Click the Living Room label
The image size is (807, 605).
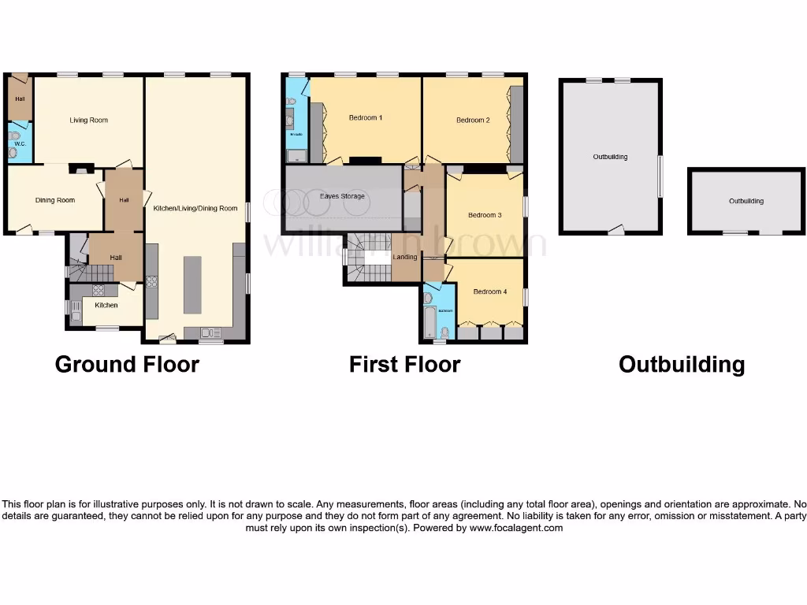click(x=88, y=121)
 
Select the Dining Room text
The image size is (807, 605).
click(x=55, y=200)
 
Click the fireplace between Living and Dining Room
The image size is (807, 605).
click(x=80, y=167)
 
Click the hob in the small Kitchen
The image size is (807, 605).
click(x=99, y=290)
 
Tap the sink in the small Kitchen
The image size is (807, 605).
click(x=76, y=316)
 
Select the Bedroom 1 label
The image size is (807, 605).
click(x=366, y=118)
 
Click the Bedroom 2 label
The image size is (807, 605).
click(x=473, y=121)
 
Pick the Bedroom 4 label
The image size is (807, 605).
click(x=489, y=291)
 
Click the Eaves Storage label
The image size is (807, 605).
click(x=342, y=196)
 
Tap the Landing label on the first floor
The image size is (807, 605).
click(x=405, y=257)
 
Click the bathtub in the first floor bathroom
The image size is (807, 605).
click(x=429, y=322)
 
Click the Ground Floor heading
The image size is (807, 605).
click(x=127, y=365)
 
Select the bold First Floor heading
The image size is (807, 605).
click(x=404, y=365)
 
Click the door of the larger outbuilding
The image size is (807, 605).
click(x=615, y=230)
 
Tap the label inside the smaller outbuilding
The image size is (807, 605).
click(x=746, y=202)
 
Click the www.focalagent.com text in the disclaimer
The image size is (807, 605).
click(x=516, y=528)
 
